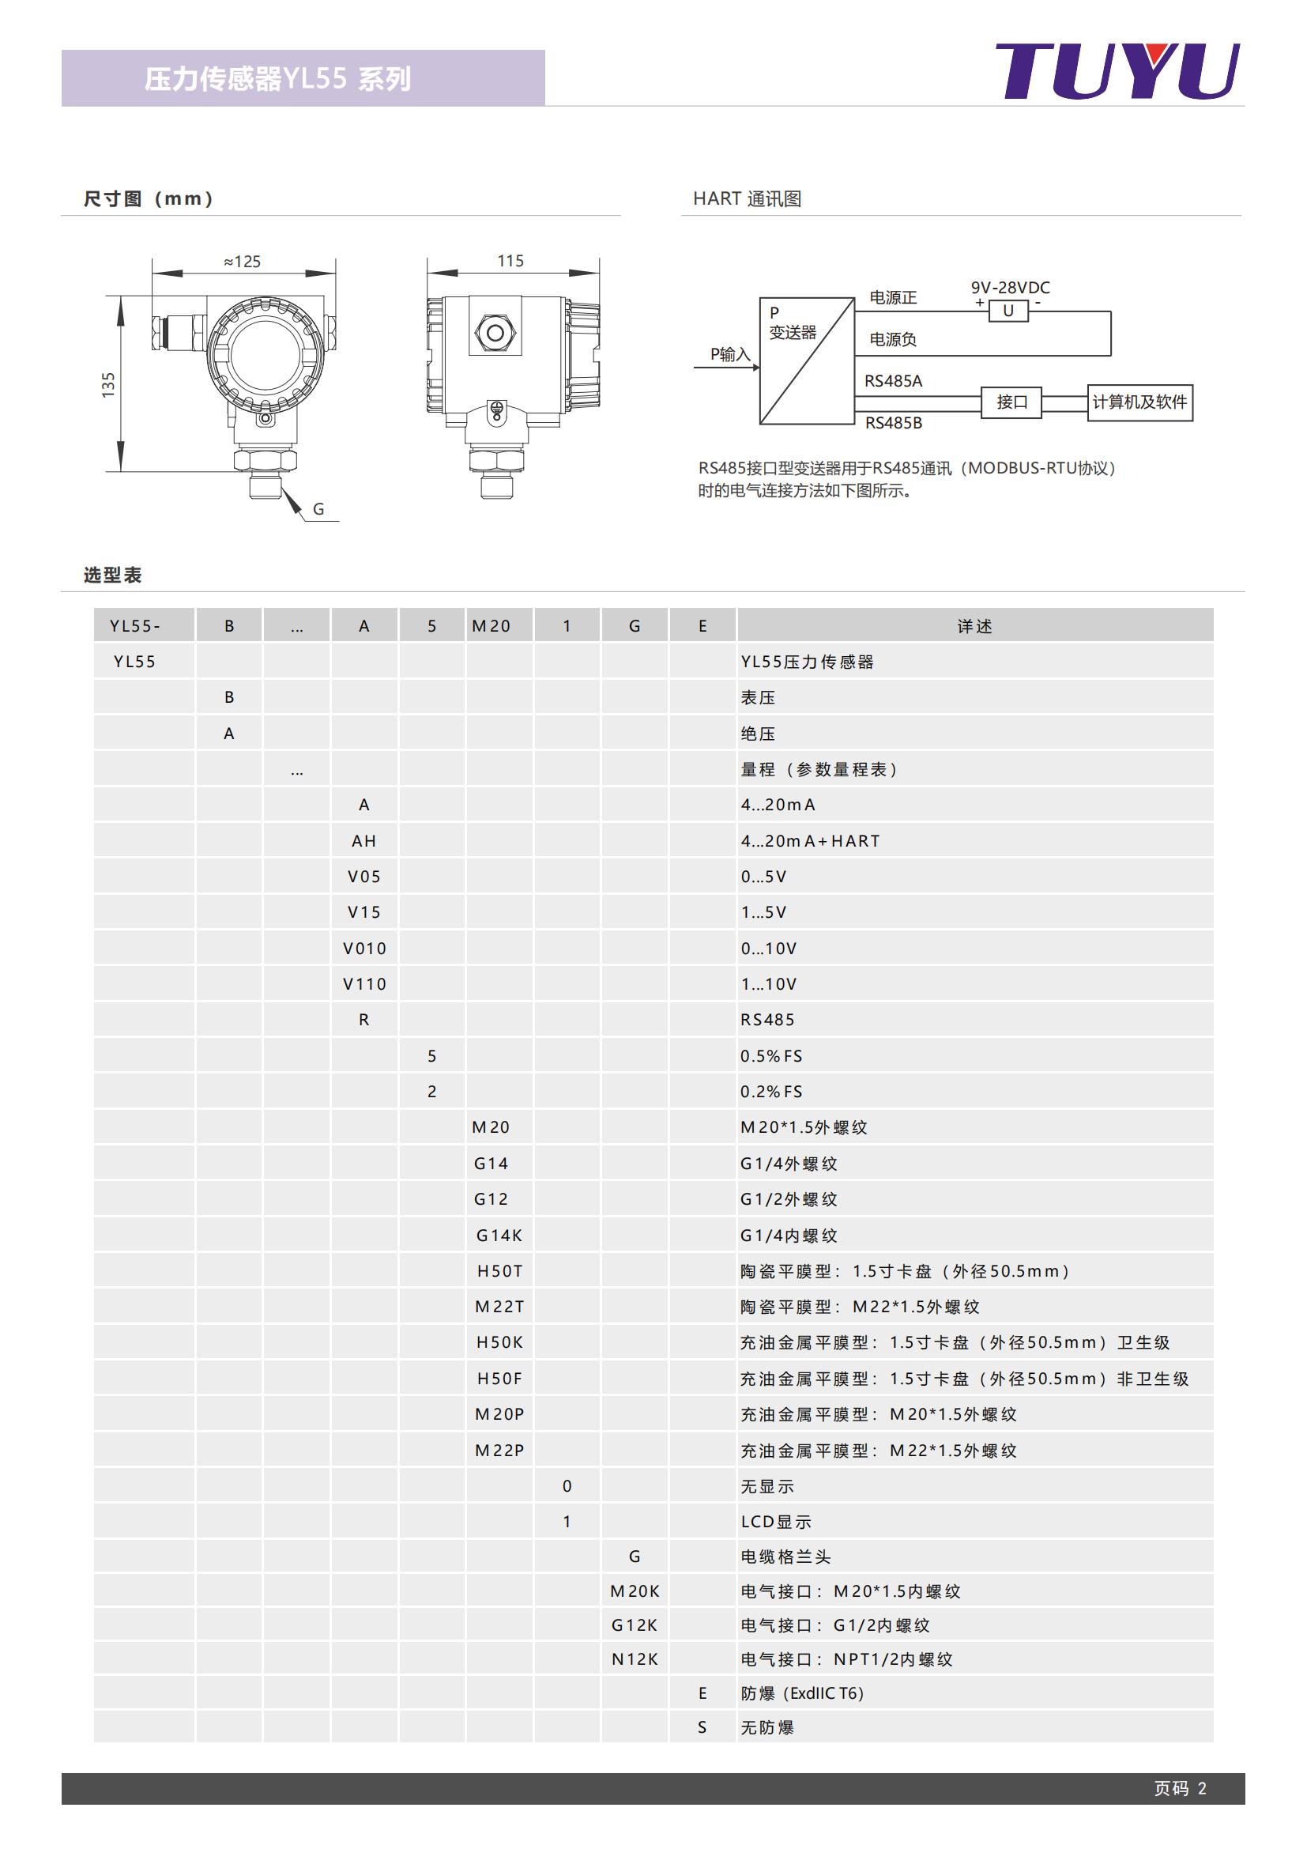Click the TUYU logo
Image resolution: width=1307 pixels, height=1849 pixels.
coord(1117,72)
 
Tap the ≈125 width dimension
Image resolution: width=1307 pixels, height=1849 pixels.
coord(243,262)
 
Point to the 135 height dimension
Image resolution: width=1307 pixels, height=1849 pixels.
coord(108,384)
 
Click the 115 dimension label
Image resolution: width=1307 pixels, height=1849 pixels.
coord(510,261)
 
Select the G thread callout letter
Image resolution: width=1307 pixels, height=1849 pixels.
coord(318,509)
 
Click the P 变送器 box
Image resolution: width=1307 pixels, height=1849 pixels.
coord(807,360)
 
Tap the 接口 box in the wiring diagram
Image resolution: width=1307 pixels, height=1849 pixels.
coord(1011,402)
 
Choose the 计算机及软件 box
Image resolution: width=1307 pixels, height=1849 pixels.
coord(1139,402)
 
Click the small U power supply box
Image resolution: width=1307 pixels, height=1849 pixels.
coord(1008,311)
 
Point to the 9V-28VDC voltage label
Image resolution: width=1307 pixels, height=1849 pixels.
coord(1010,288)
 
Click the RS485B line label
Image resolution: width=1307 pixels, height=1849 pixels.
coord(894,423)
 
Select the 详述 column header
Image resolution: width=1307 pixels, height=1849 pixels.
coord(974,626)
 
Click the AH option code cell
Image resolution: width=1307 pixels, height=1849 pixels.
coord(363,841)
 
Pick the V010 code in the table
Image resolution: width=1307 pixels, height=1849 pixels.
coord(364,948)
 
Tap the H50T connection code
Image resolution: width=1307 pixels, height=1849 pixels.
coord(499,1271)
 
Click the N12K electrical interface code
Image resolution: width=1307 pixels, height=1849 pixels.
coord(635,1659)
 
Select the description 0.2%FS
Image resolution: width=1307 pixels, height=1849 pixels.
coord(771,1091)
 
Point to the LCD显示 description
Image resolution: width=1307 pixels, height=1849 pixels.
coord(776,1521)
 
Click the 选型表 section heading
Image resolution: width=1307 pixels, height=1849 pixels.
coord(113,575)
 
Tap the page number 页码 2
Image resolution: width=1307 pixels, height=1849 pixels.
coord(1180,1788)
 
